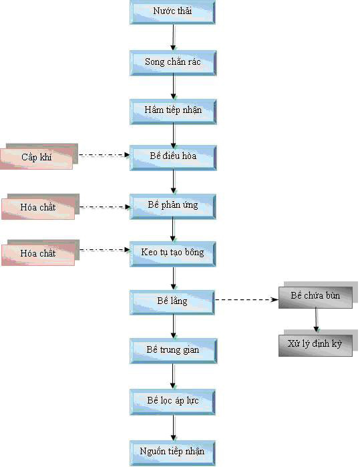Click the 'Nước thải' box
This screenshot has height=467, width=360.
click(x=172, y=11)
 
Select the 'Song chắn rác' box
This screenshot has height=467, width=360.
click(x=173, y=63)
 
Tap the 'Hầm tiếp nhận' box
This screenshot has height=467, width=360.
click(x=173, y=112)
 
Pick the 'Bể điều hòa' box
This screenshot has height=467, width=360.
click(x=173, y=158)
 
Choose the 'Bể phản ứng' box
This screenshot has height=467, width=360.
click(x=173, y=206)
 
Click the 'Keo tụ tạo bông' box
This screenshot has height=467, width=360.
click(x=173, y=254)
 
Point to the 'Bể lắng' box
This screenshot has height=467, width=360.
click(x=172, y=303)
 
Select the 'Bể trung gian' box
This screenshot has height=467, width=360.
click(x=173, y=351)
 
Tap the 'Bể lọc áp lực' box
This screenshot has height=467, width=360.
click(x=172, y=402)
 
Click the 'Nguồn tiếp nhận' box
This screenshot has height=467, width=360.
click(x=172, y=453)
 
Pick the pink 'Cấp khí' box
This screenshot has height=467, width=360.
click(x=39, y=156)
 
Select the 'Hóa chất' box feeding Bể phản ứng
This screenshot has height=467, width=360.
click(x=40, y=206)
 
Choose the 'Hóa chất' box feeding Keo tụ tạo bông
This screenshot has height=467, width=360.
click(x=40, y=253)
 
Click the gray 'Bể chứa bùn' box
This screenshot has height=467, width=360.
click(x=318, y=295)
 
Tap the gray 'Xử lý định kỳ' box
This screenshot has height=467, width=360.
click(x=318, y=343)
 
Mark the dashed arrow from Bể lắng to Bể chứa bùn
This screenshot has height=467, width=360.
click(x=247, y=299)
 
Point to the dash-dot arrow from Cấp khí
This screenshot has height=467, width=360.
click(x=104, y=154)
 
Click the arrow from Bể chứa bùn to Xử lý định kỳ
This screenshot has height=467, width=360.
click(x=316, y=320)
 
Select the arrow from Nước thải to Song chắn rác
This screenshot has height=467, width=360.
click(x=173, y=37)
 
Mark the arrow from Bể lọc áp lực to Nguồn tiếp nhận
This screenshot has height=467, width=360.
click(x=173, y=428)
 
